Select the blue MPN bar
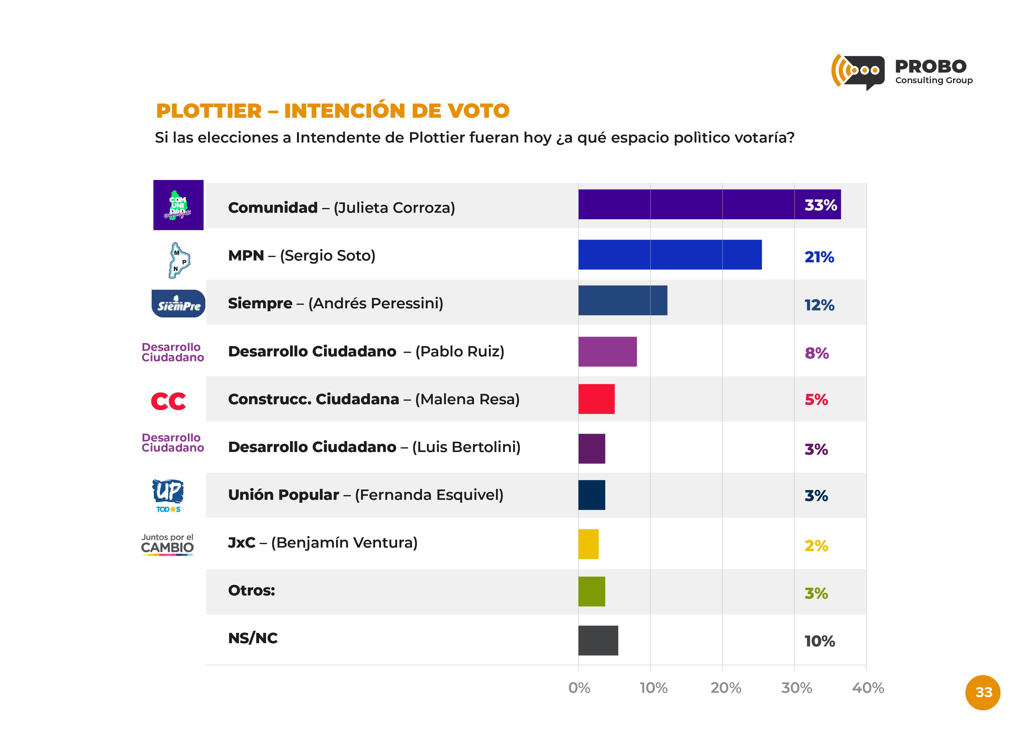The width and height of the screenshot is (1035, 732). tap(670, 255)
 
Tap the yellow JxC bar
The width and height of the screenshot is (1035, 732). tap(588, 544)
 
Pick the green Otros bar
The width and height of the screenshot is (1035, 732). tap(592, 591)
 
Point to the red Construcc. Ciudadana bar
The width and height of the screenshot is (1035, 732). tap(596, 399)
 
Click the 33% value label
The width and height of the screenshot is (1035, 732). tap(821, 205)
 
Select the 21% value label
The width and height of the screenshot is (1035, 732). tap(819, 257)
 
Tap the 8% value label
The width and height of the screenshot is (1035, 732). tap(816, 353)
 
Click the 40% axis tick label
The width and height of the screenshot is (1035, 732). tap(868, 688)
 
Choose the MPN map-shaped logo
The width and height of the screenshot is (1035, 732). tap(179, 260)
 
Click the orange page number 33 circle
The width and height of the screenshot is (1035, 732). tap(983, 692)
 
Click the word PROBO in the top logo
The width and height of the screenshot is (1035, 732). tap(931, 67)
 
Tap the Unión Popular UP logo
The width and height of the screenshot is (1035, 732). tap(168, 495)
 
